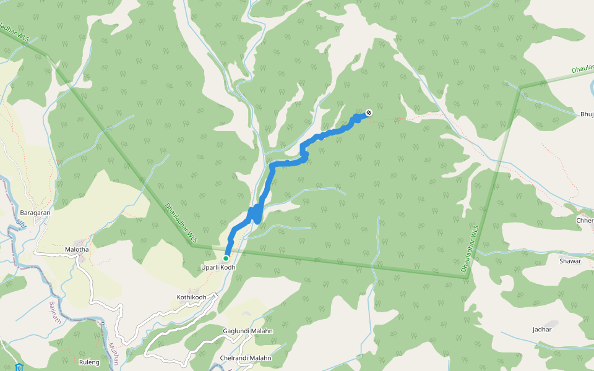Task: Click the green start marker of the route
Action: (226, 258)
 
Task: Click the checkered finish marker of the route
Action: (369, 113)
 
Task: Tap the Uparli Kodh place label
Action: (218, 267)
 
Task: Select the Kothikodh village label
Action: (191, 297)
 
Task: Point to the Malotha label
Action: (77, 250)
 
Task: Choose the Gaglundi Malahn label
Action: (247, 331)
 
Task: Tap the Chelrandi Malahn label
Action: (246, 358)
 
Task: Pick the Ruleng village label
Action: (90, 362)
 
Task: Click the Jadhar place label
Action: (542, 330)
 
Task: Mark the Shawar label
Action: (570, 261)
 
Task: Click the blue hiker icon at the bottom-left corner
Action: (19, 367)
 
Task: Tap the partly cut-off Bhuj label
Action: (587, 114)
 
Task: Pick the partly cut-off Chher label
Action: (585, 221)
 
